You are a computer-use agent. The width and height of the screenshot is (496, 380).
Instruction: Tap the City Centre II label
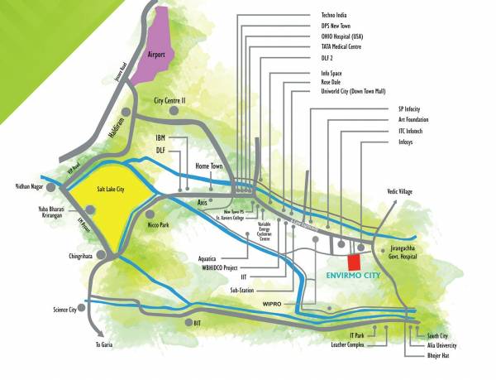[x=171, y=99]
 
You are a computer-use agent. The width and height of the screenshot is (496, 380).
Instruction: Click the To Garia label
[x=103, y=344]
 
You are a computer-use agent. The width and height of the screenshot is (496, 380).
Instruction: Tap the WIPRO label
[x=272, y=303]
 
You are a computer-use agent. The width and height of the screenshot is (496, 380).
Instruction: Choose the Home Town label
[x=210, y=166]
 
